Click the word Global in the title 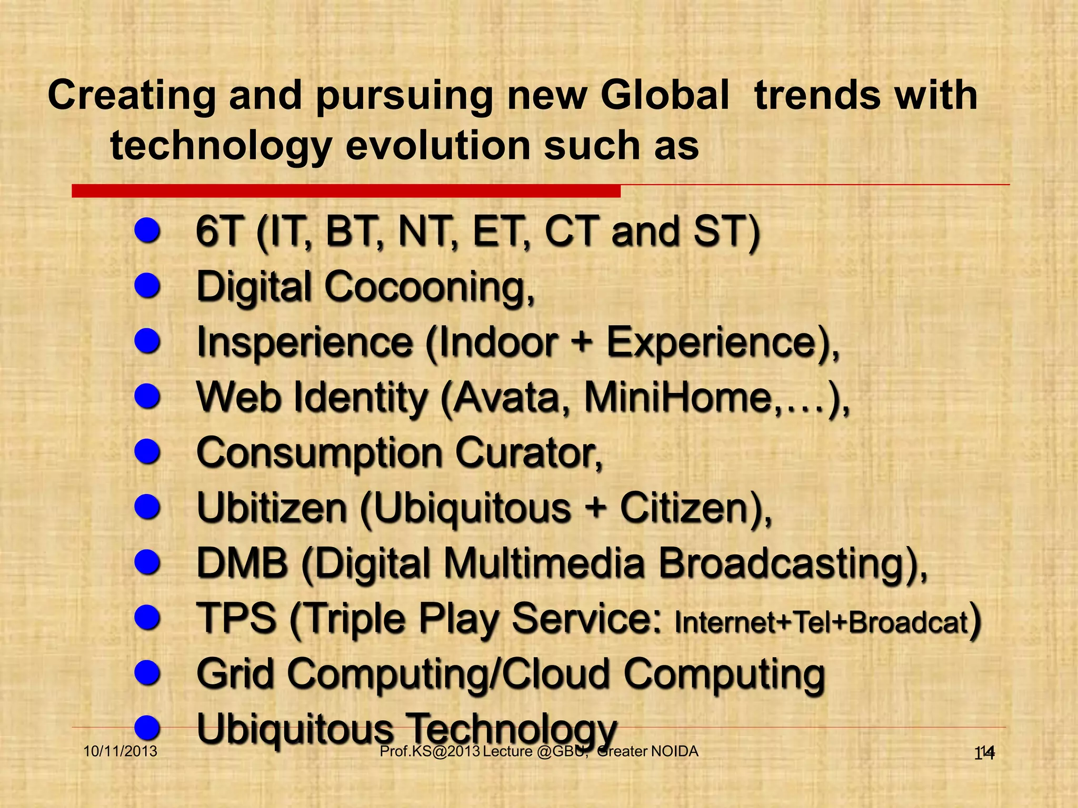coord(665,96)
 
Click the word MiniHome coord(679,398)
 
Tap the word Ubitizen coord(272,508)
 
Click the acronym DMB coord(242,563)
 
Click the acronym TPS coord(236,619)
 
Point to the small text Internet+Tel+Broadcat coord(821,622)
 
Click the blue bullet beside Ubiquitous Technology coord(147,728)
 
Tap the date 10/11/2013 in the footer coord(121,751)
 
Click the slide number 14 coord(984,753)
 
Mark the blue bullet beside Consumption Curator coord(147,452)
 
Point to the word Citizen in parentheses coord(687,508)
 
